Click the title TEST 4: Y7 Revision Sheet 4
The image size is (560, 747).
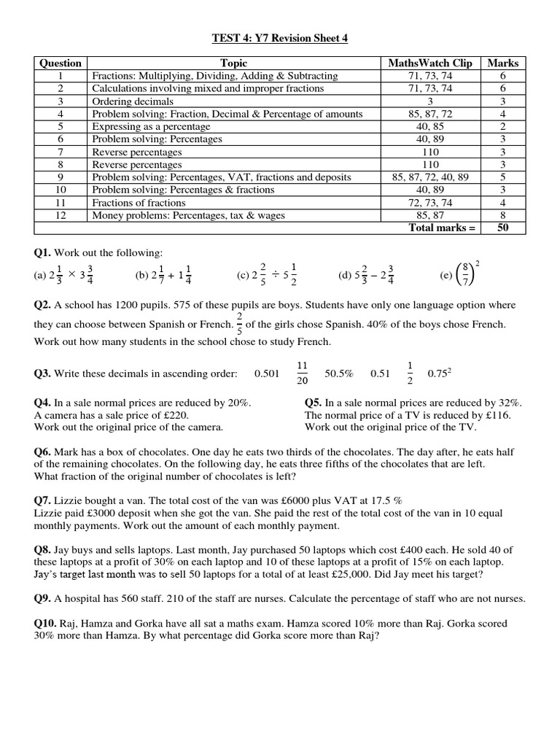[280, 39]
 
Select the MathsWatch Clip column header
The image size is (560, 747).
[431, 63]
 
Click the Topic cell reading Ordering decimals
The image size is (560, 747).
[133, 101]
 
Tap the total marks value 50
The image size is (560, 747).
[502, 228]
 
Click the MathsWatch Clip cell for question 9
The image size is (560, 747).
[431, 177]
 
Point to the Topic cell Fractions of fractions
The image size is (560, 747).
[139, 203]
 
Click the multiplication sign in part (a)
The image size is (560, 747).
[71, 274]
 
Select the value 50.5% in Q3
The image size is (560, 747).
[338, 373]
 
